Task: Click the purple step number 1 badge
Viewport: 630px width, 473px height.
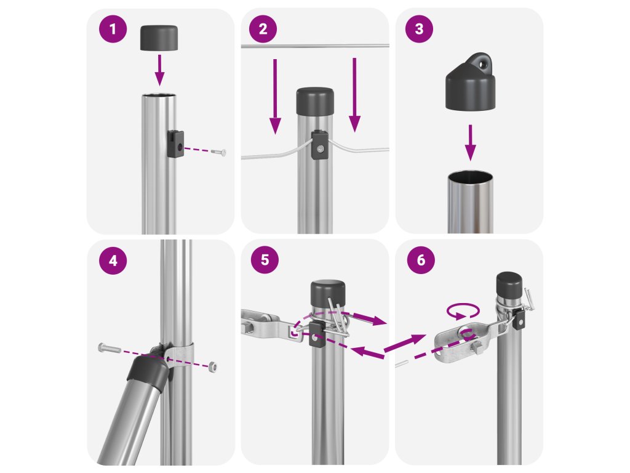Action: point(113,29)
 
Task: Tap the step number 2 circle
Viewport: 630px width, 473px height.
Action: point(263,29)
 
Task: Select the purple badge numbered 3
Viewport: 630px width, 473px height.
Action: point(419,28)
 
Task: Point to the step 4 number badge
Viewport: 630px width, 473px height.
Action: point(113,261)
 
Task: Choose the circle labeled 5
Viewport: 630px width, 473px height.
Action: point(265,260)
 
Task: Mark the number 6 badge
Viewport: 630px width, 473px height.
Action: point(421,260)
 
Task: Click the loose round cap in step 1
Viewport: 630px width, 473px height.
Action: point(159,38)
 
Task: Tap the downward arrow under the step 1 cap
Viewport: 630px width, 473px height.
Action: point(159,70)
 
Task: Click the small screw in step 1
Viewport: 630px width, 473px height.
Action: point(218,152)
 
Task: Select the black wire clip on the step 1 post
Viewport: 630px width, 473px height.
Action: point(175,144)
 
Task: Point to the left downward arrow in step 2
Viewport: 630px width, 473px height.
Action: point(275,97)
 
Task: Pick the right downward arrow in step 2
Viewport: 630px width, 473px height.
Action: point(354,95)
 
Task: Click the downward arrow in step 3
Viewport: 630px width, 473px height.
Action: point(470,143)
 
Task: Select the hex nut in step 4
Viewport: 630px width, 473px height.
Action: point(213,366)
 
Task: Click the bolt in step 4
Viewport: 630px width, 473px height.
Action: point(109,348)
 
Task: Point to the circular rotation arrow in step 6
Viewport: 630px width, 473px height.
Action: point(463,311)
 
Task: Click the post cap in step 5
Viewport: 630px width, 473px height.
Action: point(327,294)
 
